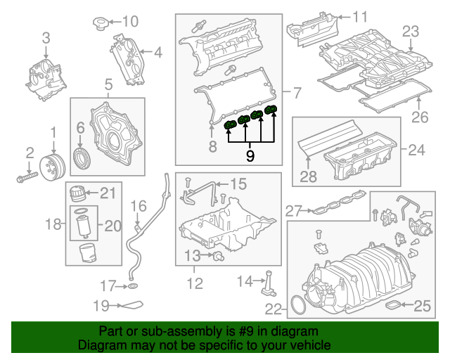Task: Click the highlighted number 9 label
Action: pyautogui.click(x=250, y=153)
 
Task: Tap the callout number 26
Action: pyautogui.click(x=419, y=117)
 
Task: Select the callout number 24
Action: pyautogui.click(x=416, y=149)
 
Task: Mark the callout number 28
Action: pyautogui.click(x=309, y=177)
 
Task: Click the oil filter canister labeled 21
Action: pyautogui.click(x=77, y=192)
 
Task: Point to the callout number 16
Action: pyautogui.click(x=138, y=206)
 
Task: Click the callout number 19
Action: pyautogui.click(x=102, y=306)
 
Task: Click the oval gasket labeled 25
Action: pyautogui.click(x=399, y=305)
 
